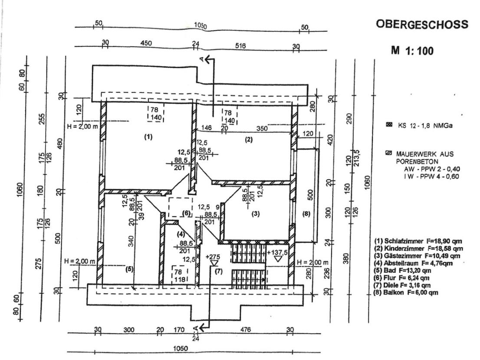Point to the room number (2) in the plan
[249, 139]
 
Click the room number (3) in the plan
[256, 213]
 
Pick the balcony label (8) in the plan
[306, 213]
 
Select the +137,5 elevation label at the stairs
[279, 252]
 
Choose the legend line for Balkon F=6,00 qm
[405, 293]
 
